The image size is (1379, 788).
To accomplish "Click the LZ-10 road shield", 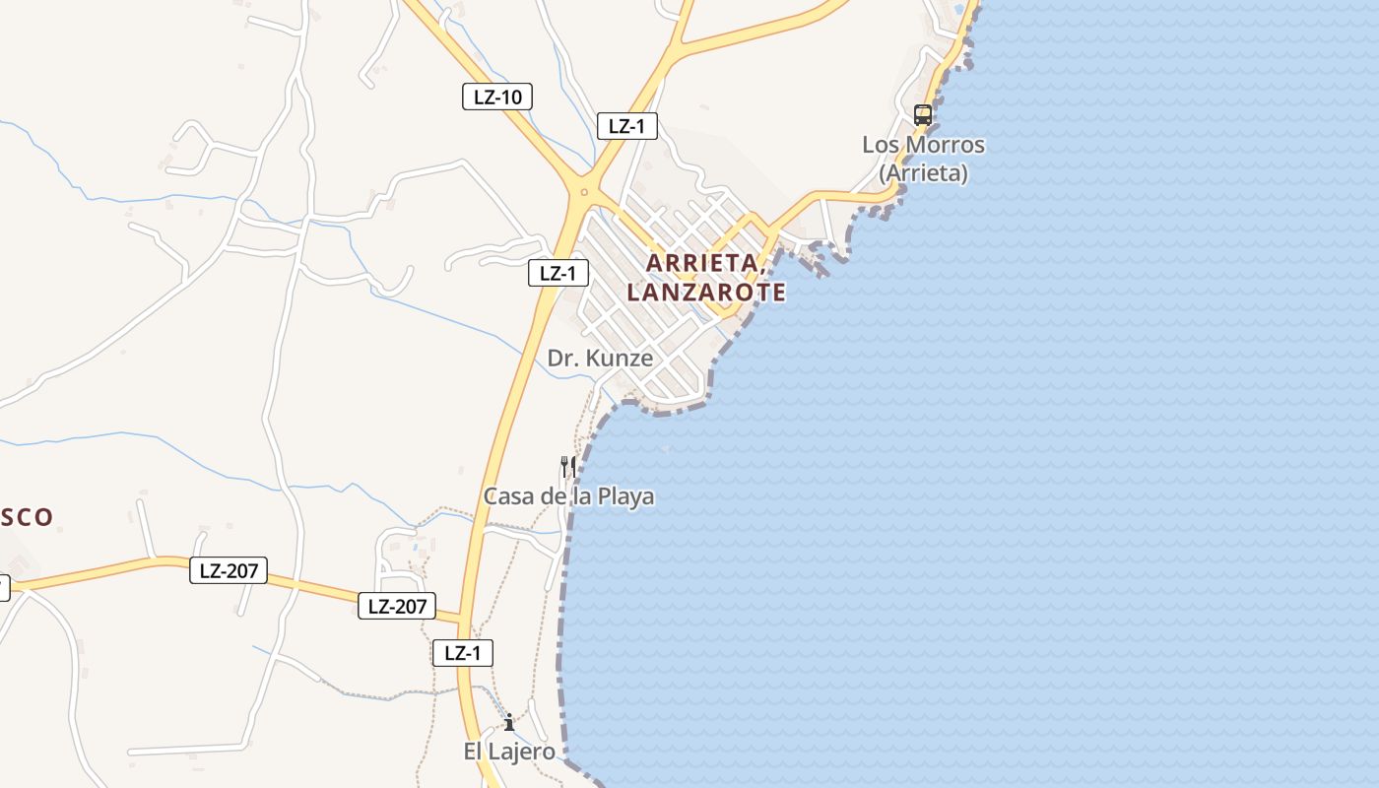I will (x=497, y=97).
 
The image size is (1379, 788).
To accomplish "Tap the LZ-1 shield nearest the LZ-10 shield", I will (x=627, y=126).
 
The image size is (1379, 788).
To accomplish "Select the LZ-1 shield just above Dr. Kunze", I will (x=558, y=273).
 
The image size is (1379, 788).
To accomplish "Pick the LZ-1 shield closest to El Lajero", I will (x=462, y=652).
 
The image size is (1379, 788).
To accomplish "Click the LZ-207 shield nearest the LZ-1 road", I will (x=397, y=606).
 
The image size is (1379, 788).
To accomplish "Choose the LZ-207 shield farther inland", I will (x=229, y=570).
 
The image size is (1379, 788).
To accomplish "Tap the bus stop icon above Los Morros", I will (x=922, y=114).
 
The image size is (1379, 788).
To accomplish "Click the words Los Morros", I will (x=923, y=145).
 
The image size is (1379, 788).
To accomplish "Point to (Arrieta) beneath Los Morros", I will (x=923, y=173).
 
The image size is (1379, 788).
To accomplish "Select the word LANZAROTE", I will (x=706, y=293).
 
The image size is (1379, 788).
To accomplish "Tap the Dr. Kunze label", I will (x=600, y=359).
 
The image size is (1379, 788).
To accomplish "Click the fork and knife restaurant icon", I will (x=567, y=465).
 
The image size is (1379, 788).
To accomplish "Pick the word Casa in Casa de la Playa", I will (x=508, y=496).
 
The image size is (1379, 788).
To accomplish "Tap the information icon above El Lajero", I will (x=509, y=723).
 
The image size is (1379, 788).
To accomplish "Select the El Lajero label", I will (x=509, y=752).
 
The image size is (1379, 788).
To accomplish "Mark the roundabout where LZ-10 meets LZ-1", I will (x=584, y=192).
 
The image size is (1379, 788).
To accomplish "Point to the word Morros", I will (x=950, y=145).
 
